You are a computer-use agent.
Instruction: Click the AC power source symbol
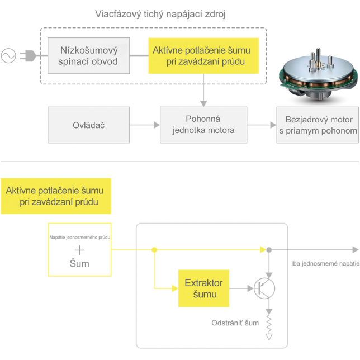(8, 56)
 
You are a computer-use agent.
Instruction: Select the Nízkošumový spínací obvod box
(89, 56)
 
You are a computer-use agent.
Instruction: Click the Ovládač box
(89, 125)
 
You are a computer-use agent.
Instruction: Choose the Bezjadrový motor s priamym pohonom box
(318, 125)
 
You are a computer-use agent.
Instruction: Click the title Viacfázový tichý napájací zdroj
(160, 13)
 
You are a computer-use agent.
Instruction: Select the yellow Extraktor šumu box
(203, 288)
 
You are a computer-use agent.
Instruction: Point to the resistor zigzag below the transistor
(269, 323)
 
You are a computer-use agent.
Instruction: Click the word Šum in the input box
(80, 263)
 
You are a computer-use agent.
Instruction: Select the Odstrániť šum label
(235, 323)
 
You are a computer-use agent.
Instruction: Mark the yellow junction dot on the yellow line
(154, 249)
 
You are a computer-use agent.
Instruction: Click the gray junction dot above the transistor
(269, 249)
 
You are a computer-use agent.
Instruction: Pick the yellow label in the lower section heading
(55, 196)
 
